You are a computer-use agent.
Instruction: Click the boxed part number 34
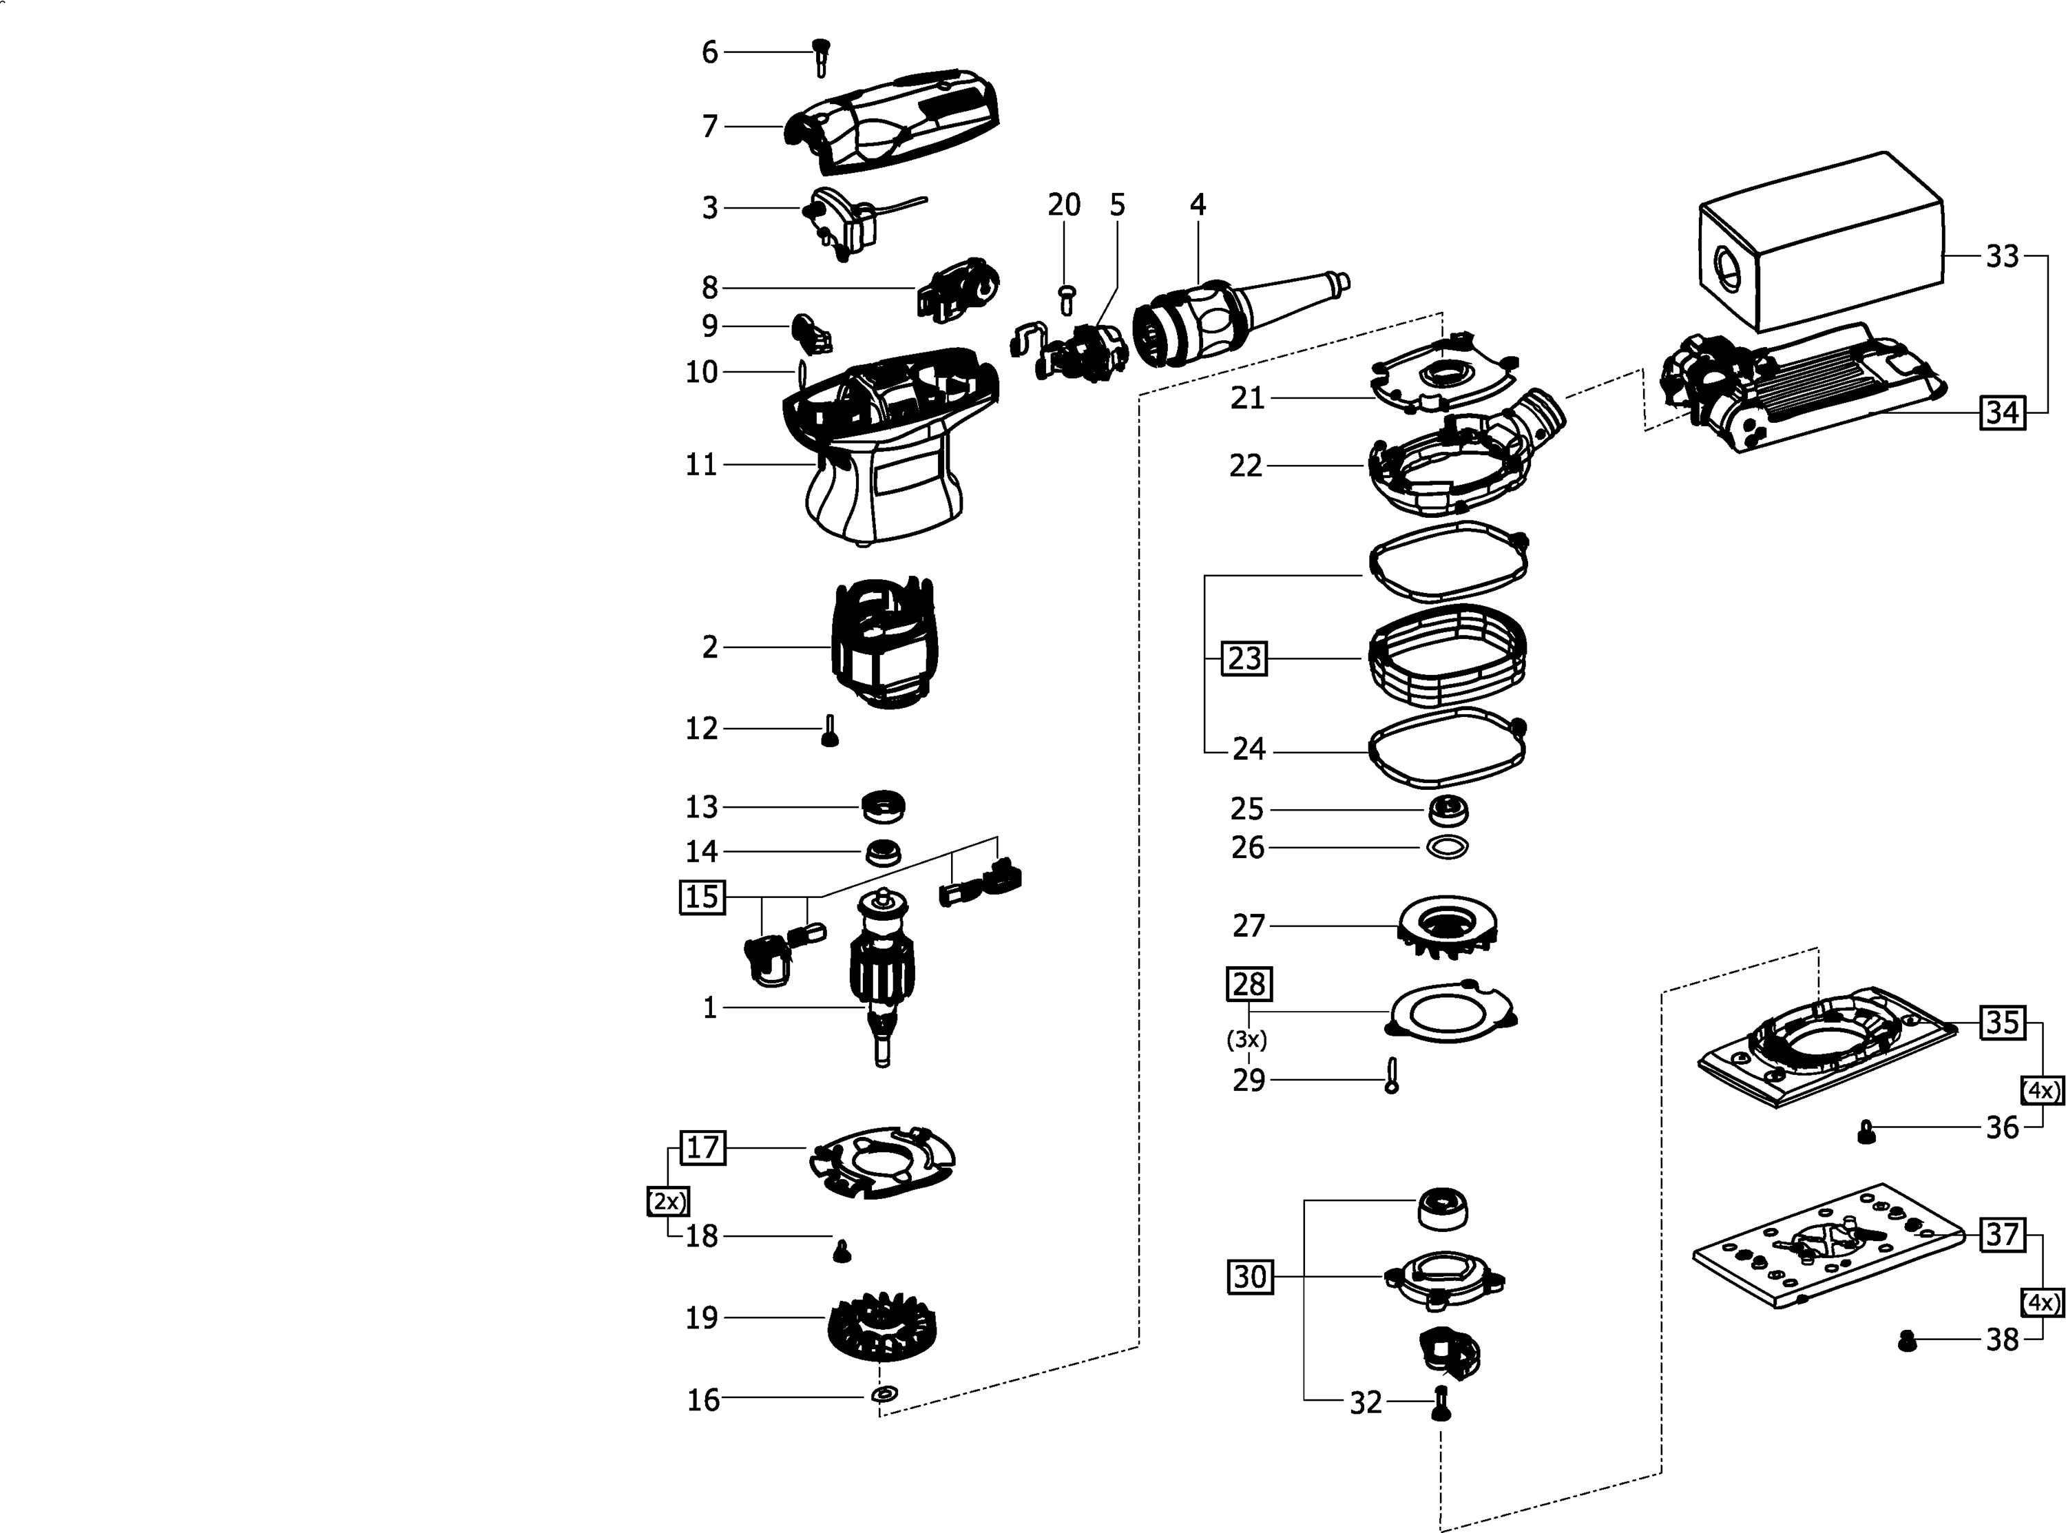(x=2002, y=411)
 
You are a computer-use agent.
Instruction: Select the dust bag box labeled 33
(x=1821, y=242)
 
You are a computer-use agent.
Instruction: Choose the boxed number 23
(x=1244, y=658)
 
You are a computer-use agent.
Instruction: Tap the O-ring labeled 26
(x=1447, y=846)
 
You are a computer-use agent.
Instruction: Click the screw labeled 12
(x=829, y=731)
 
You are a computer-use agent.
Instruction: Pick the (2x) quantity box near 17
(x=667, y=1202)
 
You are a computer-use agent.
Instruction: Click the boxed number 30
(x=1250, y=1277)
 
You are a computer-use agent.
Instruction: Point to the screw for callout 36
(x=1866, y=1131)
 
